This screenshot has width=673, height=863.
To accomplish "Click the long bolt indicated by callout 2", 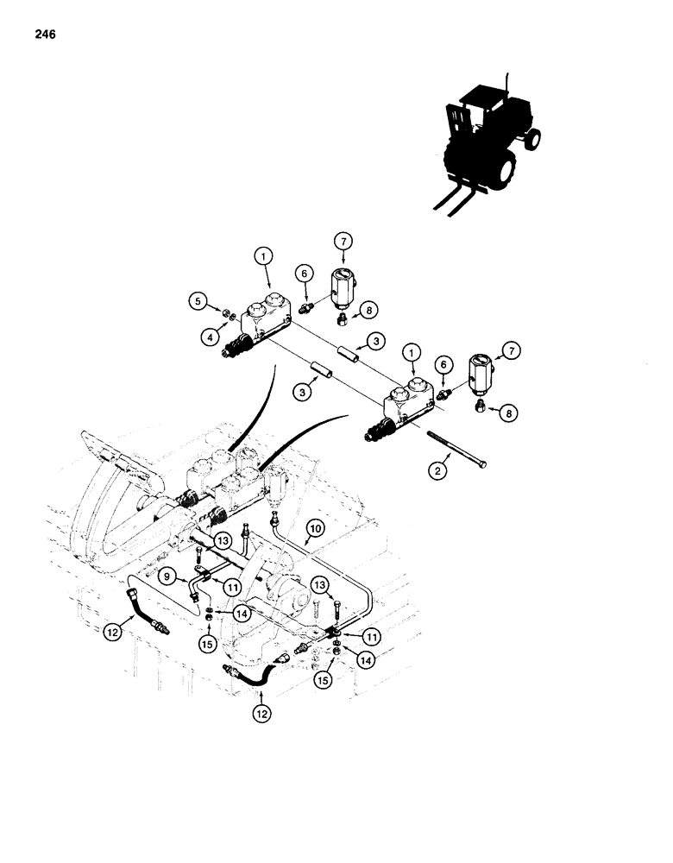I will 456,456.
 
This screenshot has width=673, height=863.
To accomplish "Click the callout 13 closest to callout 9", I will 223,539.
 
